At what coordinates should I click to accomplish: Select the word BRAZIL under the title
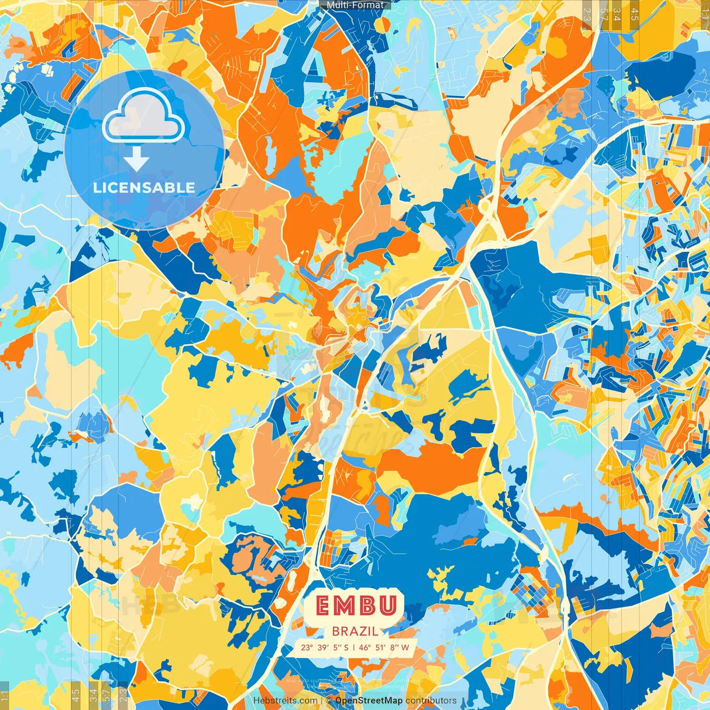coord(356,631)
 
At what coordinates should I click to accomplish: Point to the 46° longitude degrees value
coord(365,647)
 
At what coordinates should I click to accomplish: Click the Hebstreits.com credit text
coord(286,701)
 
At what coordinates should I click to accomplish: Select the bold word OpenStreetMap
coord(369,701)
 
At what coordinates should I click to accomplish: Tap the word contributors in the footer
coord(431,701)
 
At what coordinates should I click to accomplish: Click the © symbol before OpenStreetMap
coord(329,701)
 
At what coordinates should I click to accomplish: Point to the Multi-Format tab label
coord(355,5)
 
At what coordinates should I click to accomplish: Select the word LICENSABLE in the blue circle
coord(144,187)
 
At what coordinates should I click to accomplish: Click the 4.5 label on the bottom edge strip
coord(76,694)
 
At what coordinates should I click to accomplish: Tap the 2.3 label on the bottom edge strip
coord(123,694)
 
